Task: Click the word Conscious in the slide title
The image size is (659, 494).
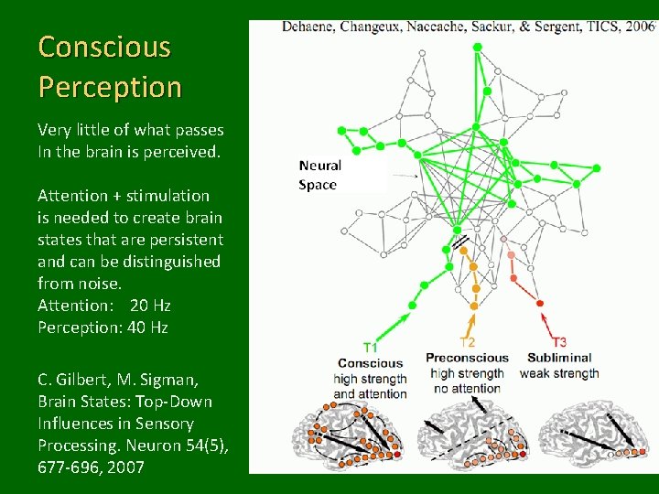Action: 104,47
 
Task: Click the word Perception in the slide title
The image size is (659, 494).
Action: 110,87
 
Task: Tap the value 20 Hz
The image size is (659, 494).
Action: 150,306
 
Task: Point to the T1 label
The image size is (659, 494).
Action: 371,347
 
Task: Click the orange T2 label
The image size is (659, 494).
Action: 467,342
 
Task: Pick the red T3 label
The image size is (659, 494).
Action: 558,342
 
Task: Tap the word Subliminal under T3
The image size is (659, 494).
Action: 559,358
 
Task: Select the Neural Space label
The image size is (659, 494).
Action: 319,175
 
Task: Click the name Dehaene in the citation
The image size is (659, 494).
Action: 308,27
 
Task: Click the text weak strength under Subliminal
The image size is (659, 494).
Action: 558,373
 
